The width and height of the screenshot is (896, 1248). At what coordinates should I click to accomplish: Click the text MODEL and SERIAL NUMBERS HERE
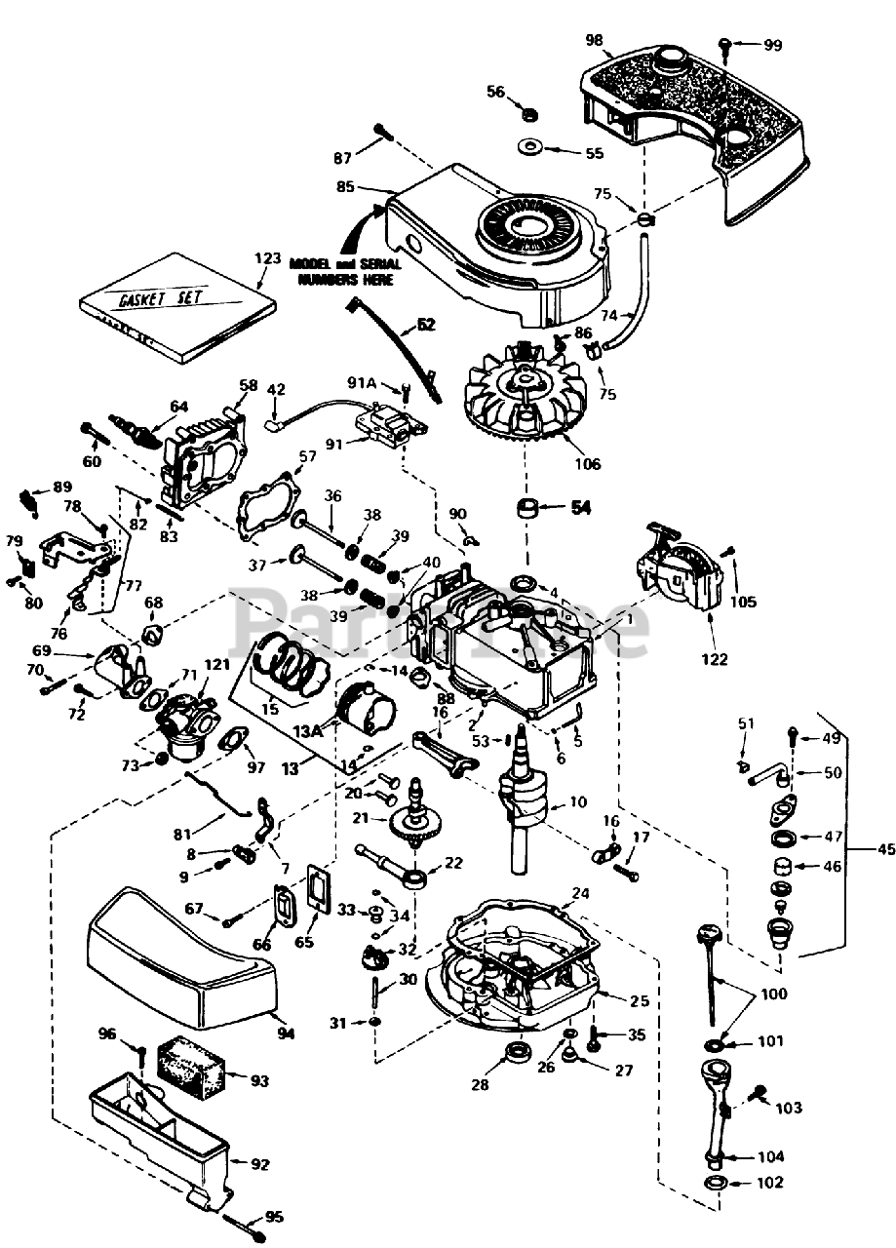[x=341, y=271]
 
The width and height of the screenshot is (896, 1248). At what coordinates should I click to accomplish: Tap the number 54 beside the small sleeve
[x=581, y=508]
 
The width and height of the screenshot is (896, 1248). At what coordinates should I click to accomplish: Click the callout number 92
[x=260, y=1164]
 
